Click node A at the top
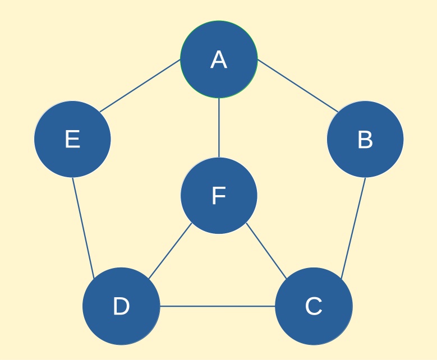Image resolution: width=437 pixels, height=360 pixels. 219,59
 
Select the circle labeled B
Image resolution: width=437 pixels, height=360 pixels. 365,139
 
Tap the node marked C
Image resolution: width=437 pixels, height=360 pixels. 314,306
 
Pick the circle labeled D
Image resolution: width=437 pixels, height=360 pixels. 121,306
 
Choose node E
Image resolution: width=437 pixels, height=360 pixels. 72,139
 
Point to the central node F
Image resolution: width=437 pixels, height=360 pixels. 219,196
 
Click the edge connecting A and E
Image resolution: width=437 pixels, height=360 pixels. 140,86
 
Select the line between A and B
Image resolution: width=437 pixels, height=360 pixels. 298,86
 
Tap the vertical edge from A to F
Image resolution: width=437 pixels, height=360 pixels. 219,128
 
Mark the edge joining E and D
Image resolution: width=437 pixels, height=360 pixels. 84,228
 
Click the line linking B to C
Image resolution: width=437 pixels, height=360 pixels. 353,228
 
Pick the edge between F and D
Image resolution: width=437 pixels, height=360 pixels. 170,251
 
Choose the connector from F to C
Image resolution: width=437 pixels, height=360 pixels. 266,251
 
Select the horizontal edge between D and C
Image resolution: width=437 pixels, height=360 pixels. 218,306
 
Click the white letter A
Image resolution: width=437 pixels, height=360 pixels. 219,59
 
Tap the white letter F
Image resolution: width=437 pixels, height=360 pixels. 219,196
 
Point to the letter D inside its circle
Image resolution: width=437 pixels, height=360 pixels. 121,306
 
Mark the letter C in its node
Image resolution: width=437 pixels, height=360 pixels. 314,306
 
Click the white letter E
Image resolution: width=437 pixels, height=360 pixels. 72,139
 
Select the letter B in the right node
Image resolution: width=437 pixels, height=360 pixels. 365,139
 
